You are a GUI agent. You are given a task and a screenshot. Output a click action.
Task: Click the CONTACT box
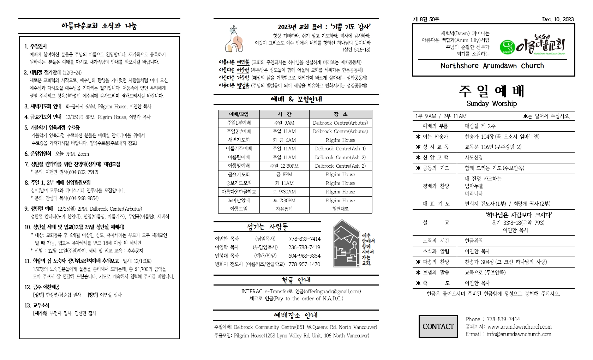(438, 326)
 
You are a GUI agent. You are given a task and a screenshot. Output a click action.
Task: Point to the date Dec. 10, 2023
(558, 19)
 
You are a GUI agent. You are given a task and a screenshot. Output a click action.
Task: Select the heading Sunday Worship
(491, 103)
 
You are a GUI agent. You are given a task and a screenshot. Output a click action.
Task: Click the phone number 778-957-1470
(304, 264)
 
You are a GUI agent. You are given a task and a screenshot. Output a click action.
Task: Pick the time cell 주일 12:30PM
(284, 166)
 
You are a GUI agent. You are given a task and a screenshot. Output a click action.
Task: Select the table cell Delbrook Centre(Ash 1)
(340, 149)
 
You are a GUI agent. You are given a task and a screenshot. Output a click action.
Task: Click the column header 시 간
(284, 114)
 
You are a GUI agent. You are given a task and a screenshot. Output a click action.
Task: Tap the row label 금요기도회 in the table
(239, 174)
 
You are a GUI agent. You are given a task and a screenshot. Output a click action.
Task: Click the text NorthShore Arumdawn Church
(492, 66)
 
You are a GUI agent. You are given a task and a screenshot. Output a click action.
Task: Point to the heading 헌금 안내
(296, 280)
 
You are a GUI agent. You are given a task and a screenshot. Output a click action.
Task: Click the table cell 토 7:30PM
(284, 200)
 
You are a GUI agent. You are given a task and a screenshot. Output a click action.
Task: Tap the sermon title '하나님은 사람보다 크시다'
(515, 215)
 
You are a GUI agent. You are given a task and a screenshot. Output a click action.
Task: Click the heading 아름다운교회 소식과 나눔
(99, 26)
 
